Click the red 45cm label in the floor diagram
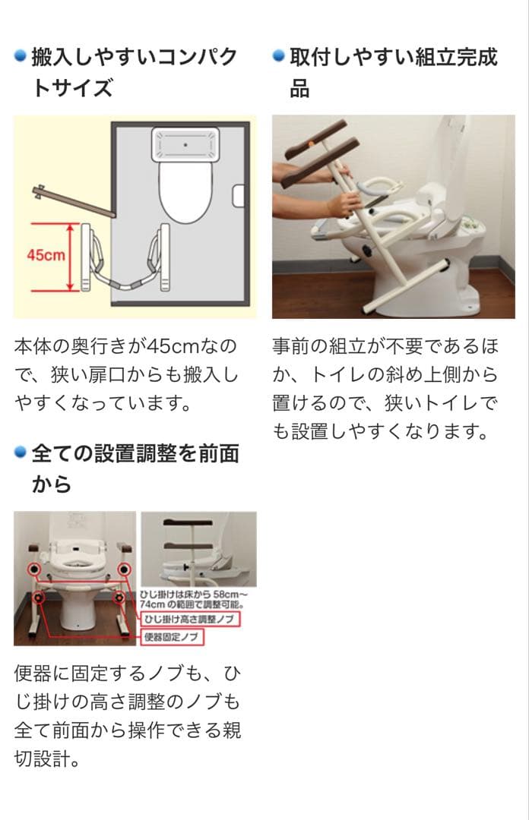click(x=46, y=255)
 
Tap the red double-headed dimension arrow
click(x=71, y=257)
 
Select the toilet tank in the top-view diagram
click(x=185, y=143)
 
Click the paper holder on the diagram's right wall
click(x=239, y=195)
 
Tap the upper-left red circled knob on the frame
click(x=33, y=569)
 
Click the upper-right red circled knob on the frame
click(x=123, y=569)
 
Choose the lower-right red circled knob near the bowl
click(x=120, y=598)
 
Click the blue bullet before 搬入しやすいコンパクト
click(x=21, y=56)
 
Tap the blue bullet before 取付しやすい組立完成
click(x=278, y=56)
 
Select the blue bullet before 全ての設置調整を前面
click(x=21, y=453)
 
